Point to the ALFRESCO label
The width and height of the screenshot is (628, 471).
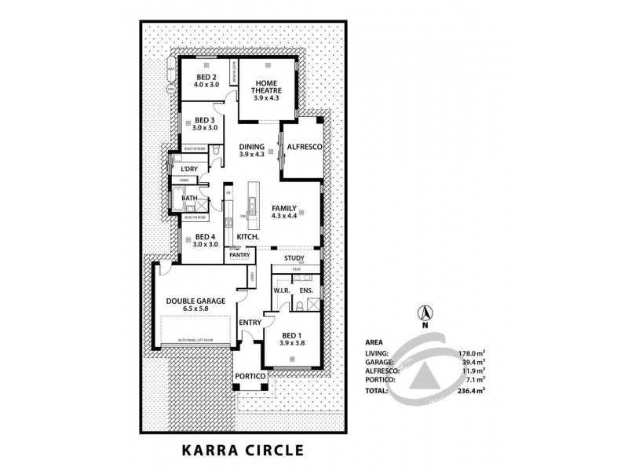pos(301,147)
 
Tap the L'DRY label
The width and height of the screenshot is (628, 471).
pos(188,170)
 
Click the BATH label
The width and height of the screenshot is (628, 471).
pos(189,199)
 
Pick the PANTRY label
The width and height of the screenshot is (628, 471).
pos(239,255)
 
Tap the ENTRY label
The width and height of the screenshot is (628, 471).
pos(250,323)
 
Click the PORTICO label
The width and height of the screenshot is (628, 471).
pos(251,377)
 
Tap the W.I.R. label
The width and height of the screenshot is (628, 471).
pos(283,290)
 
